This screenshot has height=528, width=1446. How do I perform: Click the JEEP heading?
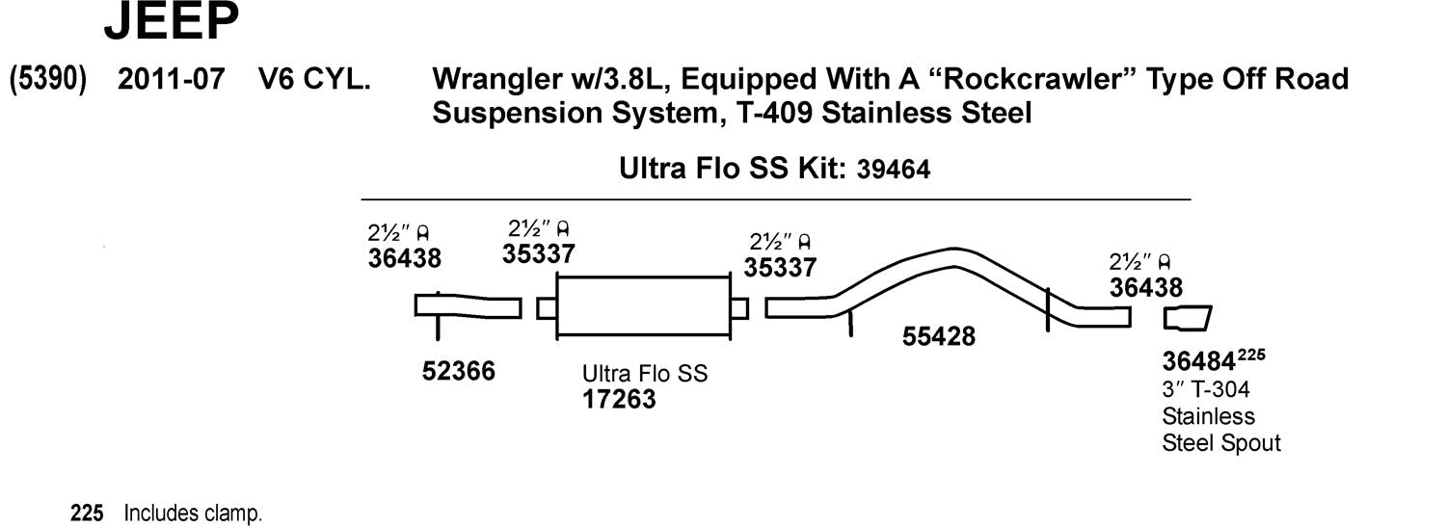click(171, 23)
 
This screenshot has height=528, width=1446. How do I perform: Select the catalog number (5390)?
click(48, 79)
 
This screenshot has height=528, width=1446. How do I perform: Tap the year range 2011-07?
click(172, 79)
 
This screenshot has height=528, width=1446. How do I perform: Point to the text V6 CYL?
click(314, 79)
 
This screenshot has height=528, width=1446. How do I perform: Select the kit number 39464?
click(893, 171)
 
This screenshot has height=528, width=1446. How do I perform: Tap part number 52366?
click(459, 371)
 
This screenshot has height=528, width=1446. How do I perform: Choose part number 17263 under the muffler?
click(619, 399)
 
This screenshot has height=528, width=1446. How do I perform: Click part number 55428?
click(939, 336)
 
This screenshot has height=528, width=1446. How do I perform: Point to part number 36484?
click(1198, 362)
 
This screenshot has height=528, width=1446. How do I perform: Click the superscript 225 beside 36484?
click(1251, 356)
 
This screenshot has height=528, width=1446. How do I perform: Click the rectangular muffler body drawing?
click(643, 307)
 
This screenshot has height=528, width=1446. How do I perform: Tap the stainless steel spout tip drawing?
click(1187, 319)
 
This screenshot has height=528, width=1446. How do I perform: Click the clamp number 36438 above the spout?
click(1145, 287)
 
